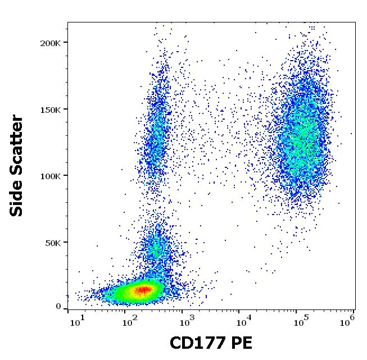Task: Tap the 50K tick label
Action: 54,243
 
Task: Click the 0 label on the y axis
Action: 58,307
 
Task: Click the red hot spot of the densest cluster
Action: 143,290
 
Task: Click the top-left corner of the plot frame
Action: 67,22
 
